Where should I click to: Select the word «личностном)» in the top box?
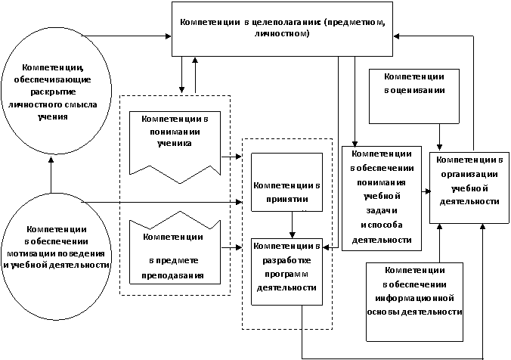click(282, 33)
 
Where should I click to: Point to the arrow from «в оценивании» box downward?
click(440, 137)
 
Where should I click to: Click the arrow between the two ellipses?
click(51, 174)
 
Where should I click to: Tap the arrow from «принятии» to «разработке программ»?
click(293, 225)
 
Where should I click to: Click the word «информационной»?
click(414, 298)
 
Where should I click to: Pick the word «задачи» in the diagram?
click(382, 211)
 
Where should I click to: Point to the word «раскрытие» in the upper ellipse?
click(53, 92)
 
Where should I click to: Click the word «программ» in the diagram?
click(286, 275)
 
